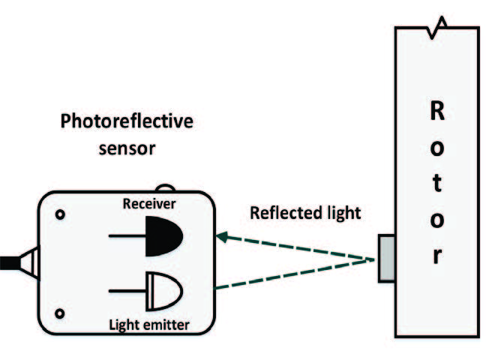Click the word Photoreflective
coord(127,121)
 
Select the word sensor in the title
coord(127,147)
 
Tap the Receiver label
coord(149,204)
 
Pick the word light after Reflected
coord(342,213)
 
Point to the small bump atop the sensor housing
coord(166,188)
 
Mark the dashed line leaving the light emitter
coord(292,274)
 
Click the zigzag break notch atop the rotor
coord(439,24)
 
